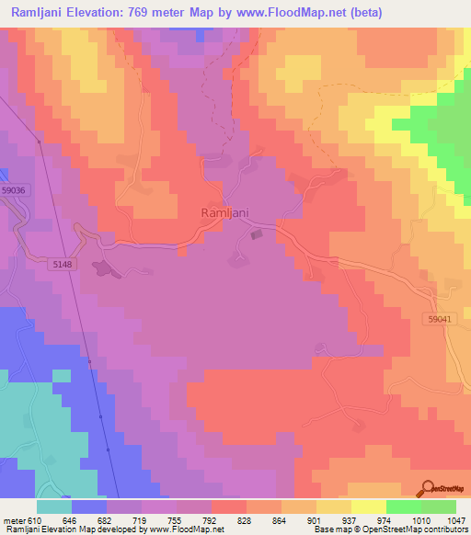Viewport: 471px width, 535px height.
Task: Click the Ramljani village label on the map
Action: coord(225,212)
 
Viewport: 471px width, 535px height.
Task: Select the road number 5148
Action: coord(63,264)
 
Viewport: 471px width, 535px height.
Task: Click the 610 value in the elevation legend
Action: coord(33,519)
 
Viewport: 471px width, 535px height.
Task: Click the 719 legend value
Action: coord(141,519)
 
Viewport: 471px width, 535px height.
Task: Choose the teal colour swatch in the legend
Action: coord(54,507)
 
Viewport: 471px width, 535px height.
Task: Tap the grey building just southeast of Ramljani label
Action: coord(257,233)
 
